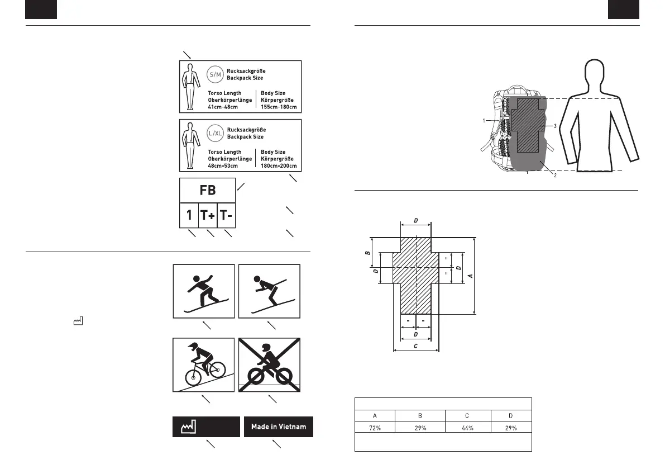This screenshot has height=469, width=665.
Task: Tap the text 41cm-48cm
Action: (x=223, y=107)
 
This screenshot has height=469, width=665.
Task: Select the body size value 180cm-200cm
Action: (x=279, y=166)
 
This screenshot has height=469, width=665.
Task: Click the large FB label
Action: (x=207, y=190)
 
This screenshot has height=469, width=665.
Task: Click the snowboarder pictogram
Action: (x=204, y=291)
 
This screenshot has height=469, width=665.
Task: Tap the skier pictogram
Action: (x=270, y=291)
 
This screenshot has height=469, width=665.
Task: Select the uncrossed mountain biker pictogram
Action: (x=204, y=364)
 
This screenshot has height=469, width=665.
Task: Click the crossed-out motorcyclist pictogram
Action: (x=270, y=364)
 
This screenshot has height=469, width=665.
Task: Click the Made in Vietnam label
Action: (x=279, y=427)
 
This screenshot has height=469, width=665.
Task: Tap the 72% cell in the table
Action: (x=375, y=428)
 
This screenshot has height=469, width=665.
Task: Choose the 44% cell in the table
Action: (x=468, y=428)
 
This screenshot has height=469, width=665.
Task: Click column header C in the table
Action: (x=468, y=415)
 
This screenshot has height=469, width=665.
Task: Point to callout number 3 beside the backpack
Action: (x=554, y=126)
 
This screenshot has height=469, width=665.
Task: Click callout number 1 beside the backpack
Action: (x=484, y=120)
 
